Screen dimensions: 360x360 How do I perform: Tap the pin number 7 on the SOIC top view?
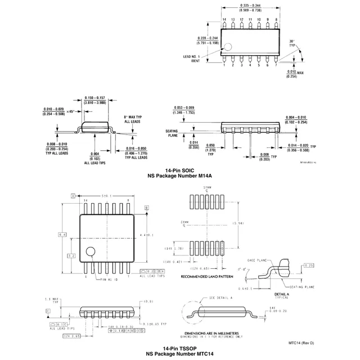tap(276, 65)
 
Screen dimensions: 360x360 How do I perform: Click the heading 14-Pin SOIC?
tap(179, 169)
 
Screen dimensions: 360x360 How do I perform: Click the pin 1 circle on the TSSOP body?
tap(91, 253)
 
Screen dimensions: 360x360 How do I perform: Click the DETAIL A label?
tap(282, 294)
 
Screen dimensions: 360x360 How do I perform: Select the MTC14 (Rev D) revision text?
tap(301, 343)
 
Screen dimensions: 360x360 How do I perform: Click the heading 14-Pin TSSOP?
tap(179, 349)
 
